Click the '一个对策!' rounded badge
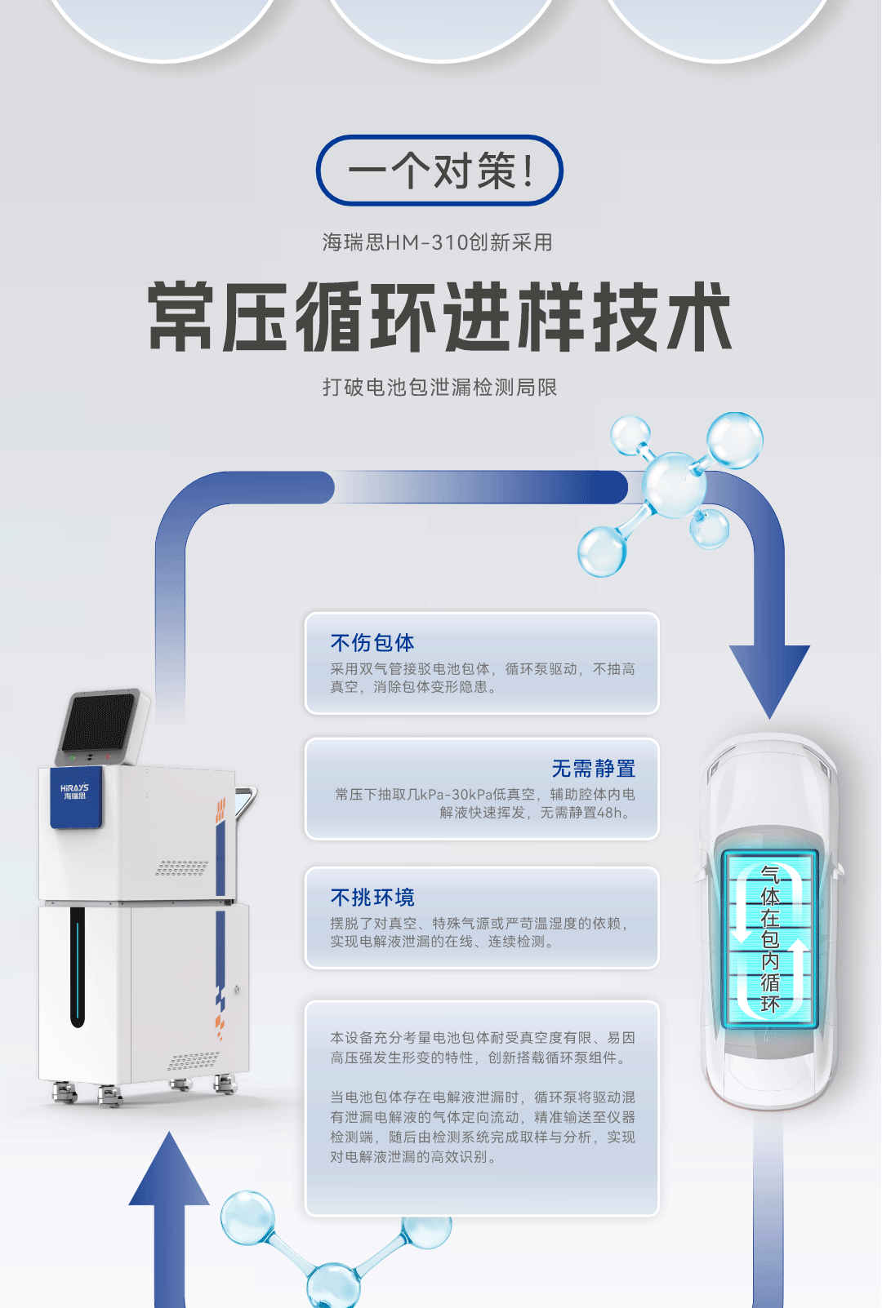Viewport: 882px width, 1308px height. click(439, 171)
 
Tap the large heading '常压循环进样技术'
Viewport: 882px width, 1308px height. click(439, 317)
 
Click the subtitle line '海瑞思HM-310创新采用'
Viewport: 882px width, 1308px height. click(438, 242)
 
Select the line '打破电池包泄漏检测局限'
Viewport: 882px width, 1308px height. click(439, 387)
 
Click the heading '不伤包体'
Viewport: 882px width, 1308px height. click(372, 643)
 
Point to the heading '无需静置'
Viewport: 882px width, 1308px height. click(593, 769)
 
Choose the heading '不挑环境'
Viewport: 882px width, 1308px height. click(372, 898)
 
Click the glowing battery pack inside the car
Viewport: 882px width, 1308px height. click(769, 938)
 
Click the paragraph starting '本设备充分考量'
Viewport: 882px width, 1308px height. click(482, 1048)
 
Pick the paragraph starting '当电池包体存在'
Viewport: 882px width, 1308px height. click(482, 1127)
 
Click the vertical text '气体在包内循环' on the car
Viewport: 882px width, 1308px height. click(770, 938)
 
